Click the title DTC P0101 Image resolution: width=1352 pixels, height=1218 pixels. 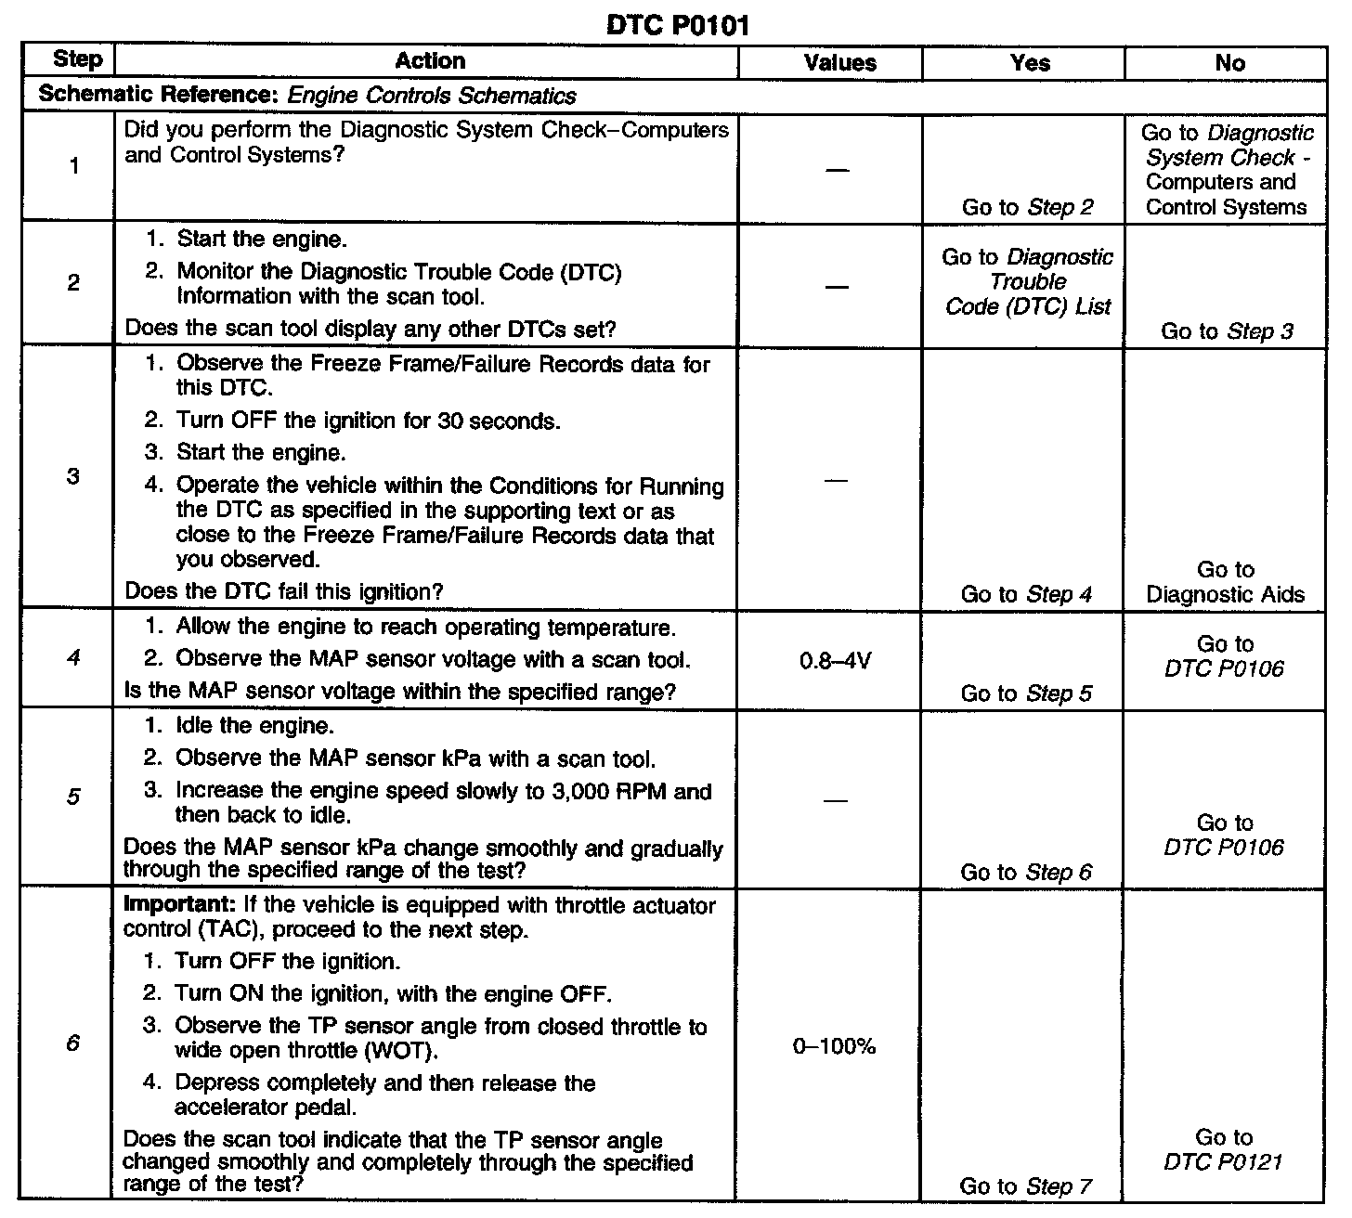[x=677, y=26]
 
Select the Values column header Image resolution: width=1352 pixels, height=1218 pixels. [x=839, y=63]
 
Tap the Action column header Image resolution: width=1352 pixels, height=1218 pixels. [x=430, y=61]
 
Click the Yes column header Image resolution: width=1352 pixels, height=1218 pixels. [x=1030, y=63]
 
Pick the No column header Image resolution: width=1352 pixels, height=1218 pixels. [x=1229, y=63]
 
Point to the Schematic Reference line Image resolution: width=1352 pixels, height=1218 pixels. [x=307, y=96]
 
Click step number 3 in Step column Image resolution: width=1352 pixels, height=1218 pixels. [x=73, y=476]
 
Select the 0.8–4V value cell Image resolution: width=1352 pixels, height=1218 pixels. [x=836, y=662]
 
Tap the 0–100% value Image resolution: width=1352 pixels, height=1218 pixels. [x=834, y=1046]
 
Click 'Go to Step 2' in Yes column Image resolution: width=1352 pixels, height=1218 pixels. [x=1027, y=207]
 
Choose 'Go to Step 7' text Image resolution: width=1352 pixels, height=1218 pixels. [x=1026, y=1186]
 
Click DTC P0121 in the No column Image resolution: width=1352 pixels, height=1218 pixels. [x=1224, y=1162]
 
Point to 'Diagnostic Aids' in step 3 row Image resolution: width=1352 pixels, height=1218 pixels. [x=1225, y=594]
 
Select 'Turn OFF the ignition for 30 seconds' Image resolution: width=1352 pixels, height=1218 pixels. [x=368, y=421]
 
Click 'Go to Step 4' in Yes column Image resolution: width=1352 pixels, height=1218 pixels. [x=1026, y=594]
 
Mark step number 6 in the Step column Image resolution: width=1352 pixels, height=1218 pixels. [x=73, y=1043]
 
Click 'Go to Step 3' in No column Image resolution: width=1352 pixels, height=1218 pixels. [x=1227, y=331]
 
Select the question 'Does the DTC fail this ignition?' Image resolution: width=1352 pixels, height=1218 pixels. [x=283, y=591]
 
